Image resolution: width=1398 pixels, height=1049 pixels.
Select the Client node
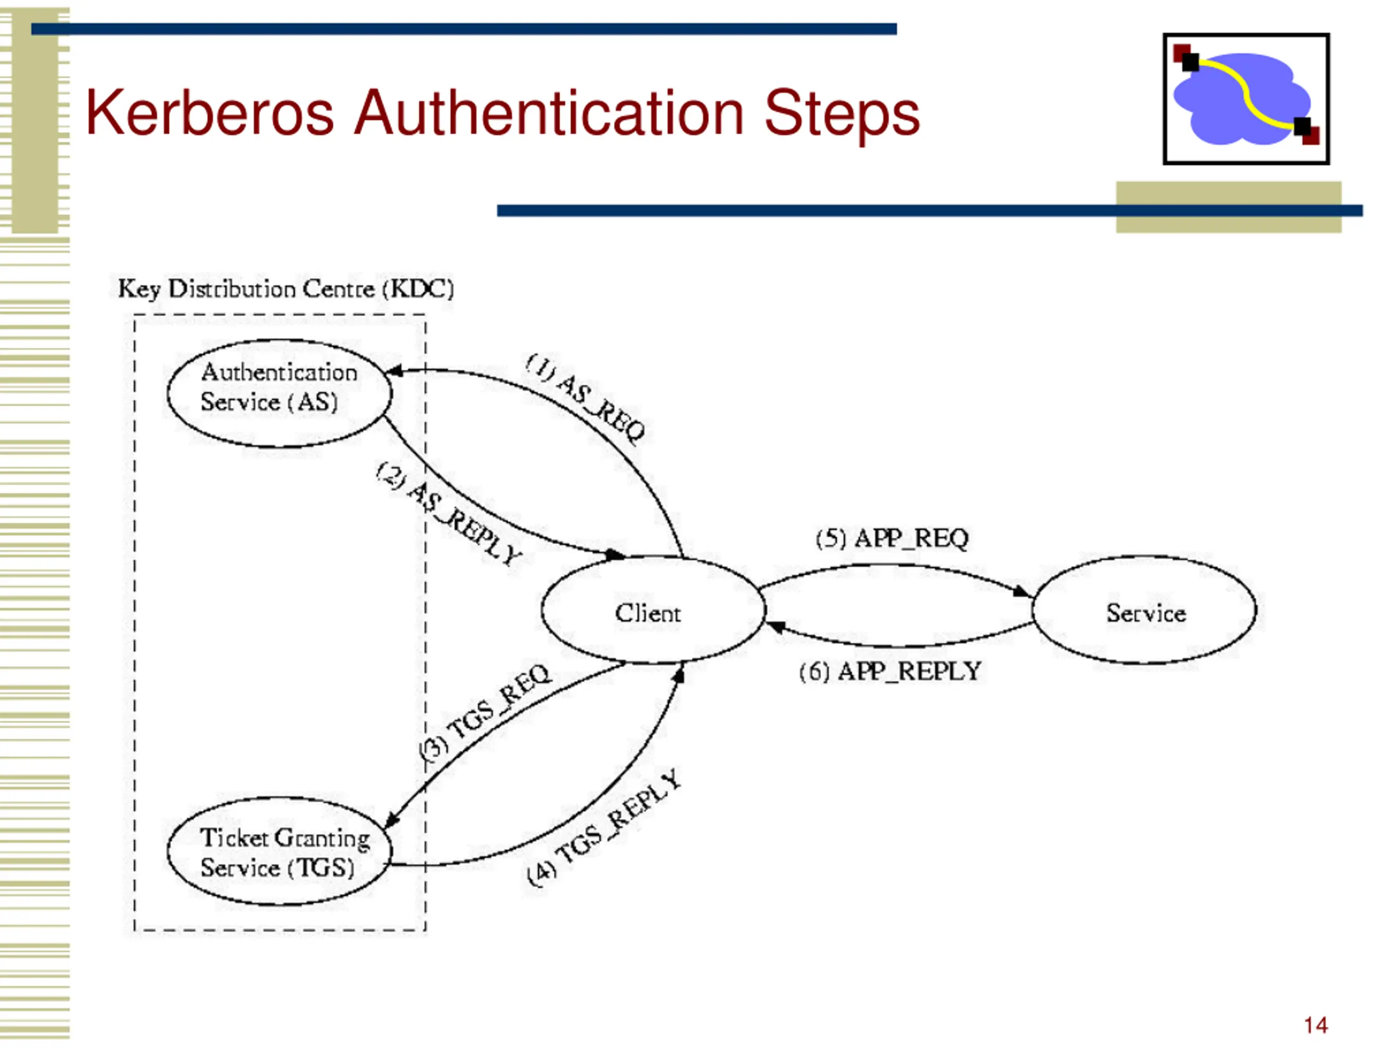coord(654,610)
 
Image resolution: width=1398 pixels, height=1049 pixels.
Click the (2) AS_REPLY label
coord(449,513)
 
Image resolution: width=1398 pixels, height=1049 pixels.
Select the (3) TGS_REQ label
coord(485,712)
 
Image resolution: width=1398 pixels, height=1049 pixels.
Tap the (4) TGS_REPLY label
coord(605,828)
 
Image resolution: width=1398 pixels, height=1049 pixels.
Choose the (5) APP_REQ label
coord(892,539)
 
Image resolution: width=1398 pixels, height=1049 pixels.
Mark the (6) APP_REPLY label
coord(890,671)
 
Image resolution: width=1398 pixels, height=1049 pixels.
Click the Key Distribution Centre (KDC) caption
coord(286,289)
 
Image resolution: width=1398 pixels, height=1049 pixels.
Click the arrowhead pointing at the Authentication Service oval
coord(394,370)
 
